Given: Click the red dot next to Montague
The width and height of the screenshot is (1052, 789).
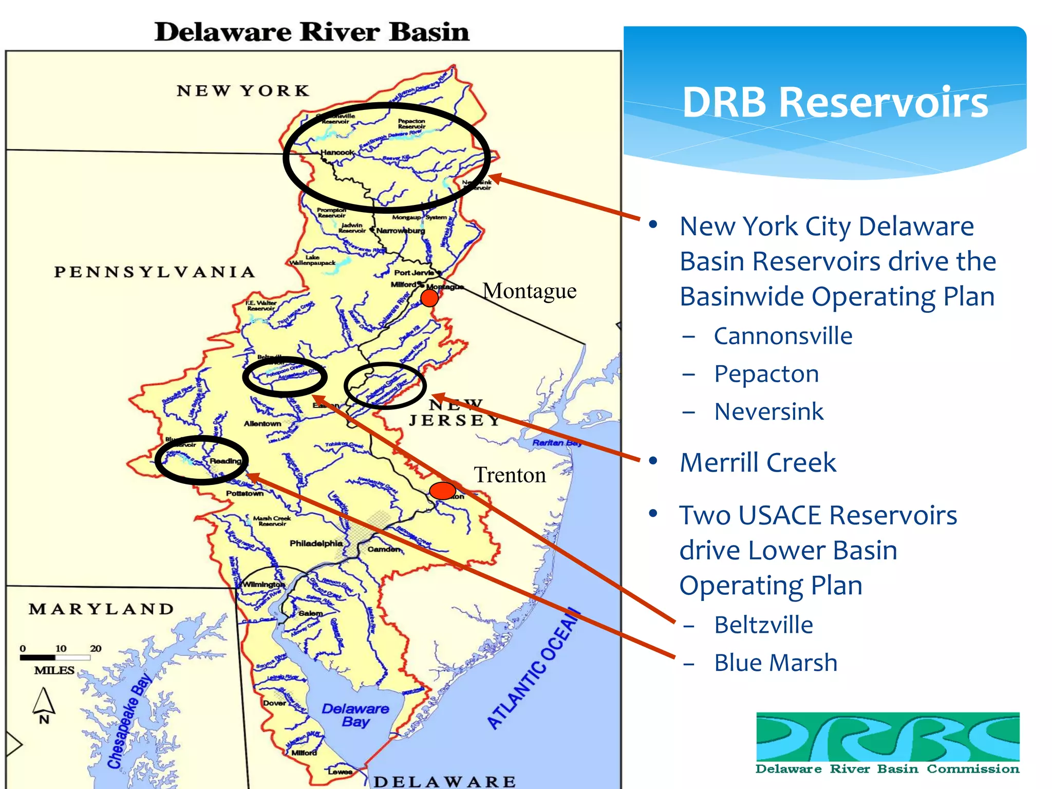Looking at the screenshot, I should coord(429,298).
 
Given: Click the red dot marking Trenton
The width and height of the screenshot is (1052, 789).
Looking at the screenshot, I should coord(442,491).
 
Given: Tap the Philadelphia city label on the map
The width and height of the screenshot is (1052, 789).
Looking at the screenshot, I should coord(316,543).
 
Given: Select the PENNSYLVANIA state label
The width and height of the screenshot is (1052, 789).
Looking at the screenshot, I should coord(155,272).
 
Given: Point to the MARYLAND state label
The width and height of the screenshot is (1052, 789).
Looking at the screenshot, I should coord(101,609).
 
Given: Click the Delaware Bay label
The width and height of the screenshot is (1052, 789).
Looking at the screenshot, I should coord(355,715).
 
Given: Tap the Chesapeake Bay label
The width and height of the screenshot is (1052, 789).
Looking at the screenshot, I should coord(129,719).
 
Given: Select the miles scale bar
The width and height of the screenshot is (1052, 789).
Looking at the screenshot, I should coord(55,657).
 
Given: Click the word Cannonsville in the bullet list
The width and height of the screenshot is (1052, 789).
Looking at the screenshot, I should coord(783,336).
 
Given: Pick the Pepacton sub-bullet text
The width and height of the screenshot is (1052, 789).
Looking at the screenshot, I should coord(766,374).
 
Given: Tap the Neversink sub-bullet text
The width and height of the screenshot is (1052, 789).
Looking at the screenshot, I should coord(769,411).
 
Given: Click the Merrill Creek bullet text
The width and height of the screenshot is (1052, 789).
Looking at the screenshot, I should coord(758,462).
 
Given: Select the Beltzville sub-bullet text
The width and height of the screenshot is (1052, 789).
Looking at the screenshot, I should coord(763,625).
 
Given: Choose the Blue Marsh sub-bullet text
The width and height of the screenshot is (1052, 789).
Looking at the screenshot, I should coord(776,663).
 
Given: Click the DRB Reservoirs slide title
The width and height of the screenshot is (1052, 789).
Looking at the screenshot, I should coord(835,102).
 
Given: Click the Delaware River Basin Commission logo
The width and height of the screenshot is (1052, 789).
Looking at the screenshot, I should coord(888,743).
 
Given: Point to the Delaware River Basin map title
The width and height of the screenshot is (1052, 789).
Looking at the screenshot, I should coord(312,32).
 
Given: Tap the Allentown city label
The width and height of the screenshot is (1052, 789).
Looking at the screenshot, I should coord(262,424).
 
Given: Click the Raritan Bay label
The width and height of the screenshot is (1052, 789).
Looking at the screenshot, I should coord(557,442).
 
